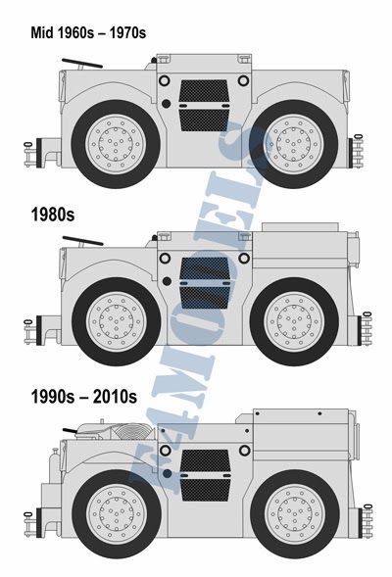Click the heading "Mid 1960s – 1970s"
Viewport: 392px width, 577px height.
88,32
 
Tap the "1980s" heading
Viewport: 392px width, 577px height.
53,215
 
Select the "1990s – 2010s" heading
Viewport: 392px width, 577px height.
84,397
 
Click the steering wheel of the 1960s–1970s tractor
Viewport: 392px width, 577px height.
81,64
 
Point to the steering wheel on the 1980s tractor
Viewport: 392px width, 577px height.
82,241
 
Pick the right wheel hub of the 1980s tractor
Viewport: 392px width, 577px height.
294,321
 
